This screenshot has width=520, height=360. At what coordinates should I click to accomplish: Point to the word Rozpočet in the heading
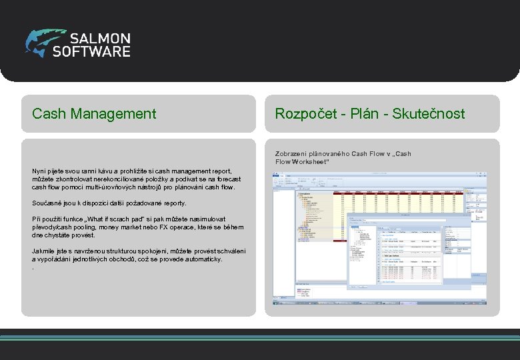coord(305,114)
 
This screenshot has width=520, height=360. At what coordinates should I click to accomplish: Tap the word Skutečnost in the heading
coord(429,114)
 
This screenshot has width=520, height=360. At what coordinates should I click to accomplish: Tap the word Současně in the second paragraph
coord(47,203)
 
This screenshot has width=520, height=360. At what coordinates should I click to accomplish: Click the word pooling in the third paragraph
coord(86,227)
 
